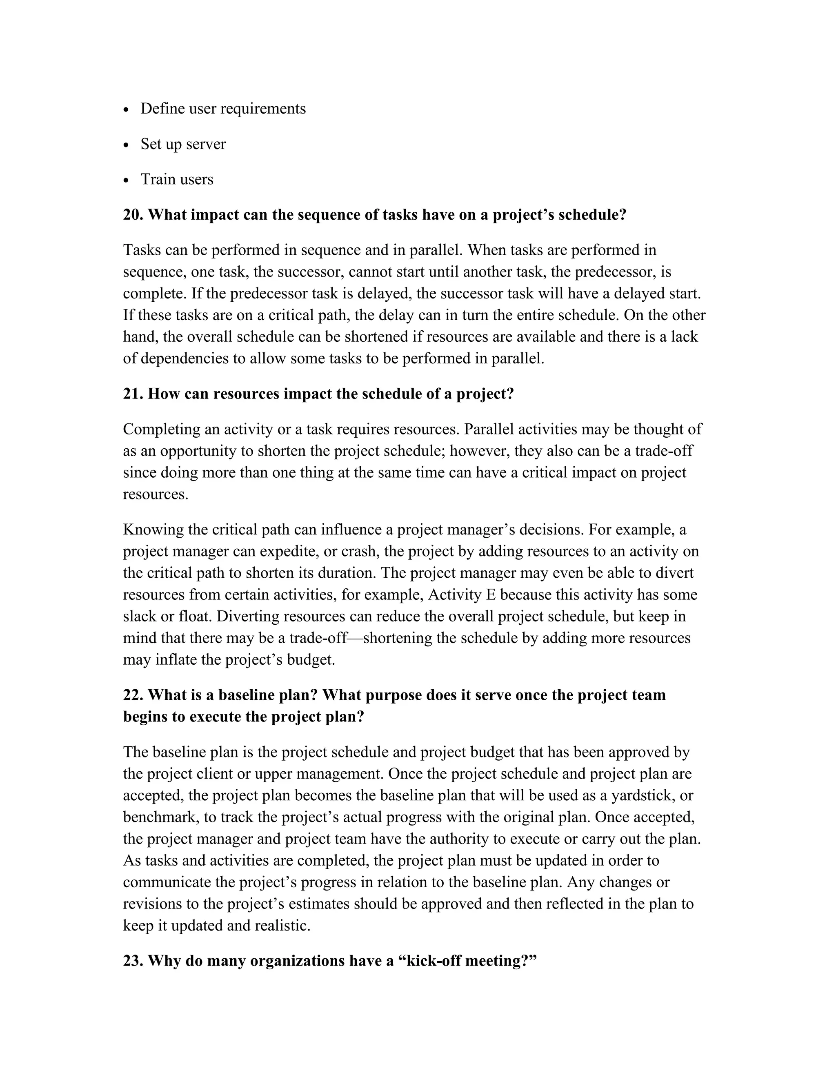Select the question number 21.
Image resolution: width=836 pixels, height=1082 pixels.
pos(133,394)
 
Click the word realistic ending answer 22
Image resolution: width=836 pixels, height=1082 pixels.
pos(282,926)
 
